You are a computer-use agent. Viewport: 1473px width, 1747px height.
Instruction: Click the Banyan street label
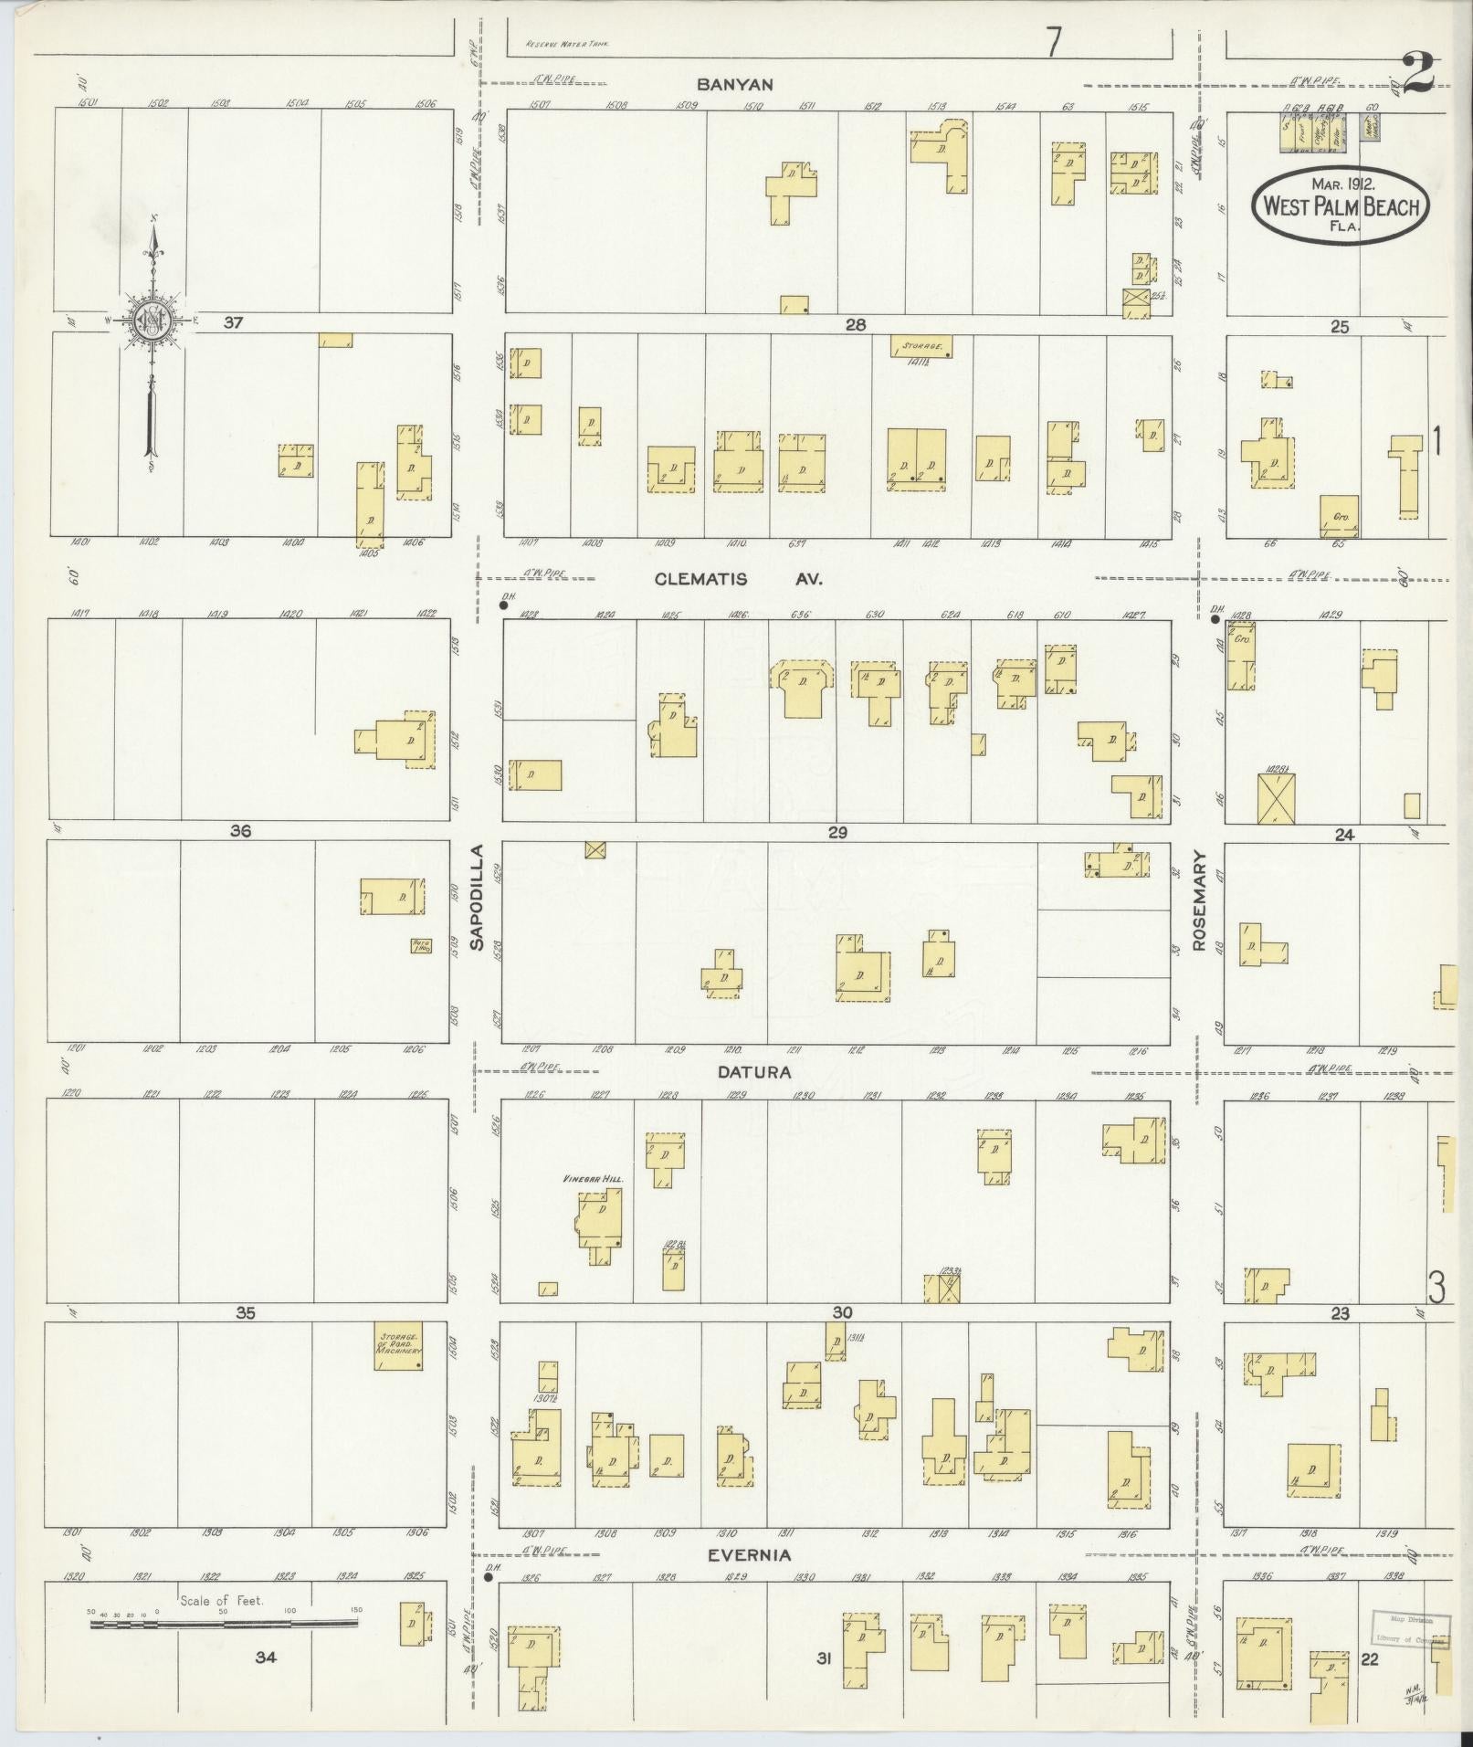tap(734, 84)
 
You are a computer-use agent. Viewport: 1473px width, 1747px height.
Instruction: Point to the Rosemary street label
tap(1199, 902)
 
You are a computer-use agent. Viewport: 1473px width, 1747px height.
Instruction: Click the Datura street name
tap(753, 1072)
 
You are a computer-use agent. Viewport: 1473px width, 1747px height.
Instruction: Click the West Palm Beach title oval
tap(1340, 205)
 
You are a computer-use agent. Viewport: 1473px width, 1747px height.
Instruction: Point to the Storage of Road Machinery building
tap(398, 1345)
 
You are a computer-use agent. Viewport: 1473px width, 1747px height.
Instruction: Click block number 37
tap(233, 322)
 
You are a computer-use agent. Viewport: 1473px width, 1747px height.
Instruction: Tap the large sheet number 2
tap(1417, 73)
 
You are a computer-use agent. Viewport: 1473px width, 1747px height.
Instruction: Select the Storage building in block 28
tap(922, 346)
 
